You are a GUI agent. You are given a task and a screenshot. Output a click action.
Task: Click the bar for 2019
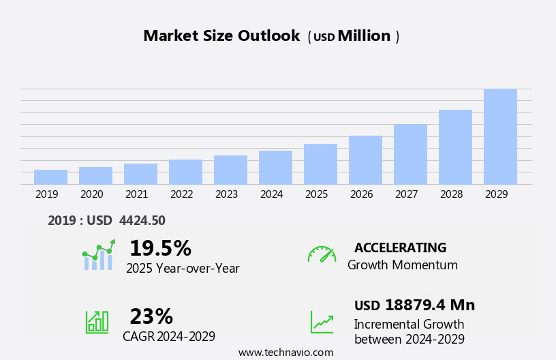coord(50,177)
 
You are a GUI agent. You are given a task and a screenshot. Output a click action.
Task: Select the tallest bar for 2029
coord(500,136)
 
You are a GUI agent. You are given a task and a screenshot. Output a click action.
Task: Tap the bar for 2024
coord(275,168)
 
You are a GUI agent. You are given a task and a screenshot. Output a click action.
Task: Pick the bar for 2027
coord(410,154)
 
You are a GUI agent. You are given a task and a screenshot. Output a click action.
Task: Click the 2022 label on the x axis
coord(181,194)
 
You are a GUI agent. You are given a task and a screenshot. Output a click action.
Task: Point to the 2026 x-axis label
coord(361,194)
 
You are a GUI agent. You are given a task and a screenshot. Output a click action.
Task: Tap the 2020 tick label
coord(91,194)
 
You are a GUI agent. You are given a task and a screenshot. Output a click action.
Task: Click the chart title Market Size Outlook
coord(221,36)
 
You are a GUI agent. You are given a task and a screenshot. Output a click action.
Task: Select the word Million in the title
coord(364,36)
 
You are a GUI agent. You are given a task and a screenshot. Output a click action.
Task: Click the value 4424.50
coord(142,220)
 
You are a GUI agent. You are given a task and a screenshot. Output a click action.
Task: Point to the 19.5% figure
coord(160,248)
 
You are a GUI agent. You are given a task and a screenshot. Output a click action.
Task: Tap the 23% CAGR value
coord(151,316)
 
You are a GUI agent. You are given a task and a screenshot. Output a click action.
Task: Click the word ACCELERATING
coord(400,247)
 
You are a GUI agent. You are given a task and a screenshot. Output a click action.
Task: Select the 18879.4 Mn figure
coord(429,305)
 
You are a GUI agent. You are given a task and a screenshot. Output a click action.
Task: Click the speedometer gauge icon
coord(322,254)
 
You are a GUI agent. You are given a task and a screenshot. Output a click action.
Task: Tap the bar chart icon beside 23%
coord(97,321)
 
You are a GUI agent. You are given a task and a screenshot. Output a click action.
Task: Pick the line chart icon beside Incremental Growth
coord(322,322)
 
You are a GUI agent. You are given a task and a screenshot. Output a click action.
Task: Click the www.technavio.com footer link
coord(285,352)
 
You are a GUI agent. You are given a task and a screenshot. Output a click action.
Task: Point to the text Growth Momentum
coord(402,265)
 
